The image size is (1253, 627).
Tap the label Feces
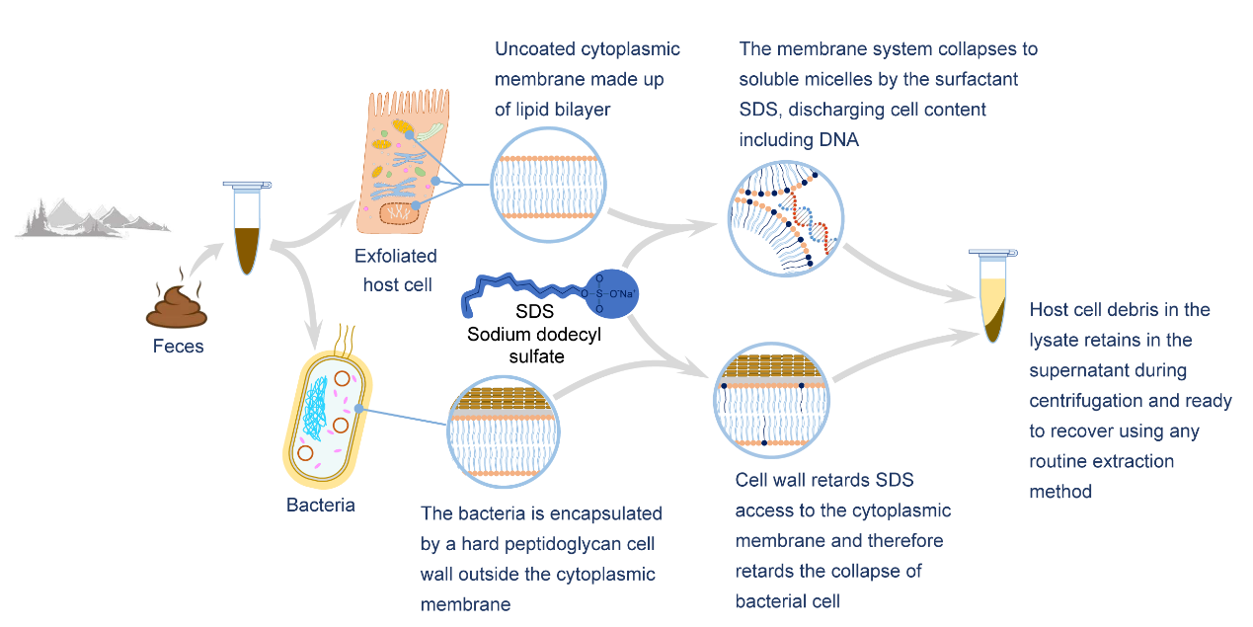click(178, 346)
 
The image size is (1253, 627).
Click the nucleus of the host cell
click(401, 210)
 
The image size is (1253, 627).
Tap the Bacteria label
click(321, 506)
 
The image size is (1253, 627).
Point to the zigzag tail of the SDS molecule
click(518, 293)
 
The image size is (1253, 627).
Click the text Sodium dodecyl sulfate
click(534, 346)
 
